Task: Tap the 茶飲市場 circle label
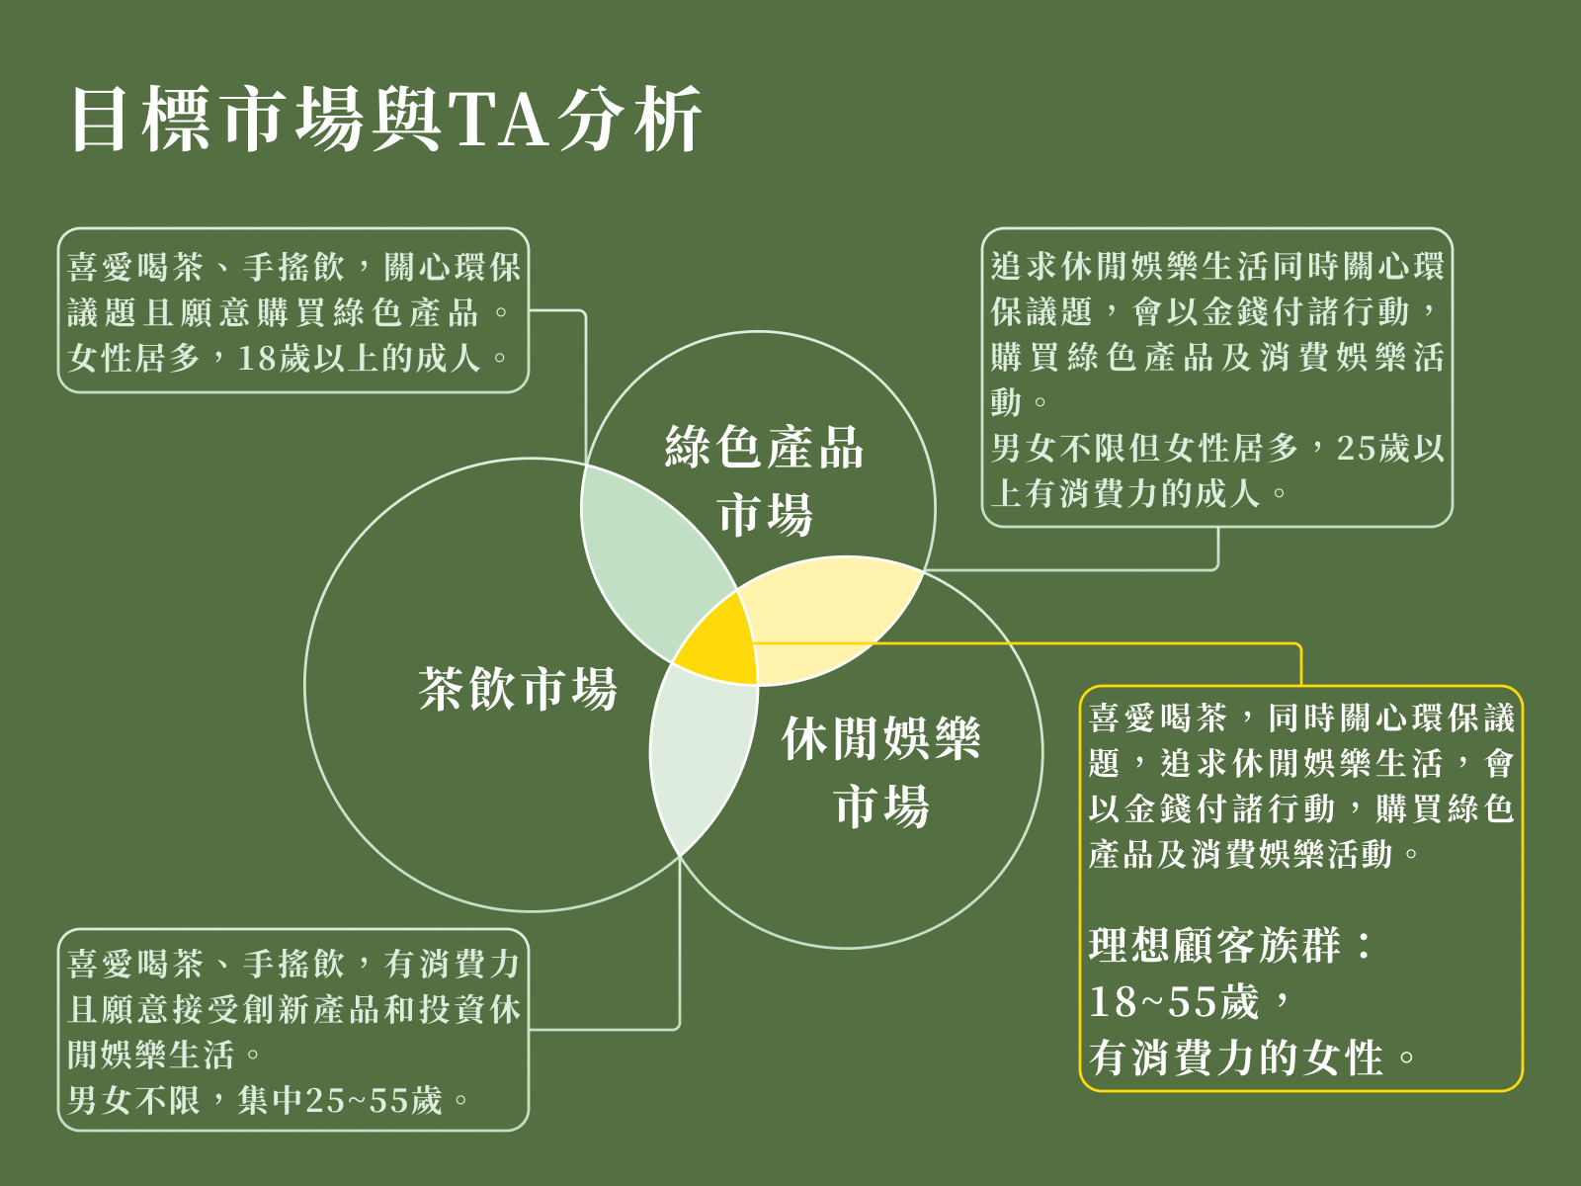point(518,689)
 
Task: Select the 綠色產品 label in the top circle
point(764,447)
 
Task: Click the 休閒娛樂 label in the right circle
point(881,738)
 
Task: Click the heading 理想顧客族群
point(1215,946)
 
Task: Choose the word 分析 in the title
point(631,119)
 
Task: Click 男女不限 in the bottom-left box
point(133,1101)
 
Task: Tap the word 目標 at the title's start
point(141,119)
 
